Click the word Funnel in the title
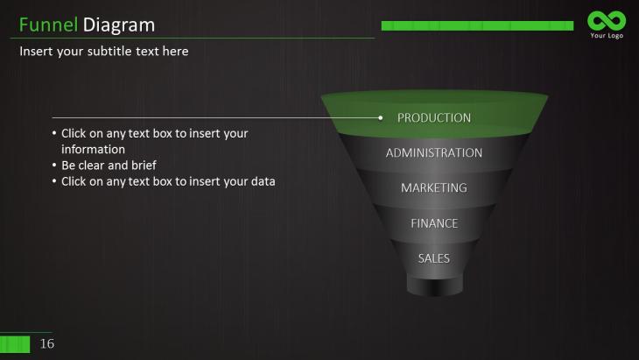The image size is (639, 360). (48, 25)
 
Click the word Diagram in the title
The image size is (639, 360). (118, 25)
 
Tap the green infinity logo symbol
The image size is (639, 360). (607, 20)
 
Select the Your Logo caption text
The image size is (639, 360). (607, 35)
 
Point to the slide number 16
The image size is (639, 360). (47, 343)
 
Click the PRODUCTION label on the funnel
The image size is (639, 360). (434, 118)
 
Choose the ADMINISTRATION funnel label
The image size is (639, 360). (434, 153)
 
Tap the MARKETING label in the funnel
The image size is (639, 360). (434, 188)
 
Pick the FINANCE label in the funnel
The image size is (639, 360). (434, 223)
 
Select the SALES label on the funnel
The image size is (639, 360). (434, 258)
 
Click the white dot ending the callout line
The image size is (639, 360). (380, 118)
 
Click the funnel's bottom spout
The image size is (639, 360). (435, 286)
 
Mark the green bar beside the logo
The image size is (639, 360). (477, 25)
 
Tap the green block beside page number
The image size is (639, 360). (15, 344)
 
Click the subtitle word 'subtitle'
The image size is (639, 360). (109, 52)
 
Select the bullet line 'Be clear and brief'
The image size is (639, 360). (109, 166)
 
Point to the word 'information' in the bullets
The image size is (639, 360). (94, 149)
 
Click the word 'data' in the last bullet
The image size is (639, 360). (263, 181)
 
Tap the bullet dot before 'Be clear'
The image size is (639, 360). (54, 166)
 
